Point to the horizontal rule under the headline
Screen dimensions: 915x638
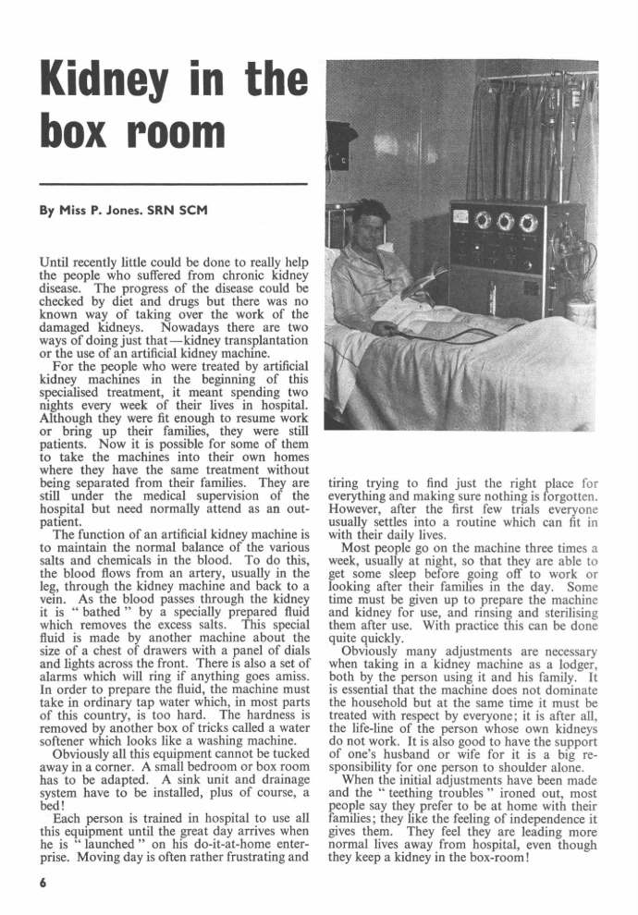tap(173, 185)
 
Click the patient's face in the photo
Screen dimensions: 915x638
tap(367, 226)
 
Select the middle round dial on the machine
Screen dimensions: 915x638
tap(506, 222)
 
